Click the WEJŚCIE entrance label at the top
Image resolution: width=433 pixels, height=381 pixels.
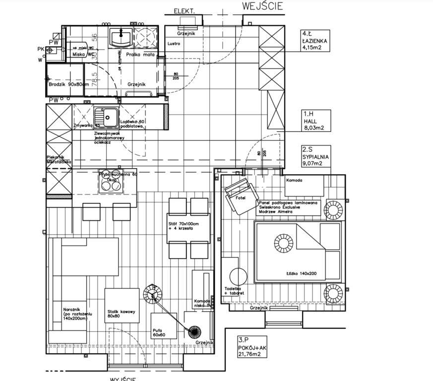262,6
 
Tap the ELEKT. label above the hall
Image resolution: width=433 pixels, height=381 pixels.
184,11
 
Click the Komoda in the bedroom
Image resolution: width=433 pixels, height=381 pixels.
304,187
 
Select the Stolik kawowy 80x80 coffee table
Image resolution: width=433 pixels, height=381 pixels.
122,305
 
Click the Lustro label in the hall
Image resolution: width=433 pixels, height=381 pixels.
174,44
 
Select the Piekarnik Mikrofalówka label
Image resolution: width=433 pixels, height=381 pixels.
59,159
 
